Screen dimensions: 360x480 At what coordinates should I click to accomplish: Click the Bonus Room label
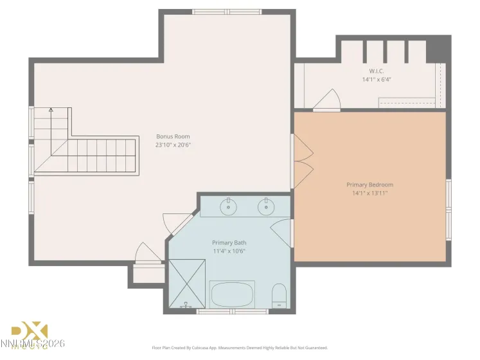click(173, 136)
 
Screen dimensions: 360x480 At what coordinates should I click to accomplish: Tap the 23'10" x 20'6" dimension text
click(173, 145)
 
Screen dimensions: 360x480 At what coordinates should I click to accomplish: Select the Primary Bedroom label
click(369, 184)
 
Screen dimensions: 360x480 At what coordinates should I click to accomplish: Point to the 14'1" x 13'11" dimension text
click(369, 193)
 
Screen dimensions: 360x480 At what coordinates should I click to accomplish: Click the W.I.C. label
click(376, 71)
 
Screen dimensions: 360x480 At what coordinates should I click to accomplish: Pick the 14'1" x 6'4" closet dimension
click(376, 80)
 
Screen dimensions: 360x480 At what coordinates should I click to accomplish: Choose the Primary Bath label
click(229, 242)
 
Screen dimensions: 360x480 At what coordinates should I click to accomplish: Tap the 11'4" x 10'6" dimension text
click(229, 251)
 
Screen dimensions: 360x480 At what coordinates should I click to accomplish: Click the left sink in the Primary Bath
click(228, 207)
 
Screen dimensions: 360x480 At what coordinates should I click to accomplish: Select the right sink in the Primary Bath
click(265, 207)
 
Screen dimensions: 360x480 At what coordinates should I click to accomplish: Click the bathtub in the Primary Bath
click(232, 294)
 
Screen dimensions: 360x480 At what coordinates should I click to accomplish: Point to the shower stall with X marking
click(187, 283)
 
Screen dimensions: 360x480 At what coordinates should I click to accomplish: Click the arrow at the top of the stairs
click(51, 111)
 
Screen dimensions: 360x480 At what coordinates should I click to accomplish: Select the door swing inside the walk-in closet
click(330, 99)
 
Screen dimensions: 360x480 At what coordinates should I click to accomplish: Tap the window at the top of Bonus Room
click(227, 12)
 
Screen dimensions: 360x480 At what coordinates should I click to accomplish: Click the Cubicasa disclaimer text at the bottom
click(240, 348)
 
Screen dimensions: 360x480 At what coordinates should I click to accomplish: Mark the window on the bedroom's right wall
click(449, 210)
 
